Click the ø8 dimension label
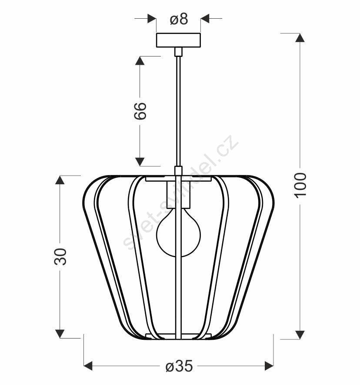click(179, 19)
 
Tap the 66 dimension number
click(140, 111)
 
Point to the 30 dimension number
click(60, 256)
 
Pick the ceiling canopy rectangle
click(178, 40)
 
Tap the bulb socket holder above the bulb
click(178, 194)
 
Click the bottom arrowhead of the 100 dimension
click(300, 335)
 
